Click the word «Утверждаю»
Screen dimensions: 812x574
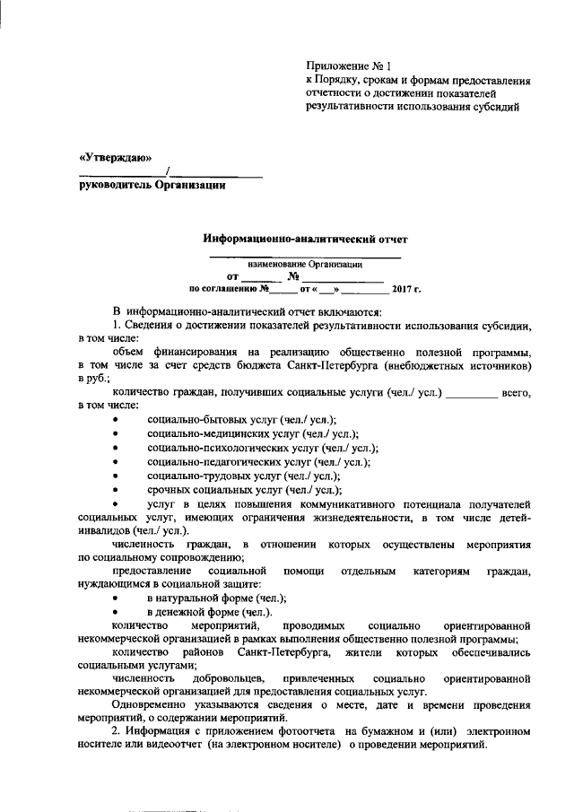[112, 157]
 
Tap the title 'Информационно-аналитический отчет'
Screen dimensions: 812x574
[305, 240]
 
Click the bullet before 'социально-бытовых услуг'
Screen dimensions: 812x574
[114, 421]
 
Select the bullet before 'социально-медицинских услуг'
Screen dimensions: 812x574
[114, 434]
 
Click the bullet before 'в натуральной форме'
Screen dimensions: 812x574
[114, 598]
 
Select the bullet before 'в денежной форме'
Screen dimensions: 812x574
[114, 612]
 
